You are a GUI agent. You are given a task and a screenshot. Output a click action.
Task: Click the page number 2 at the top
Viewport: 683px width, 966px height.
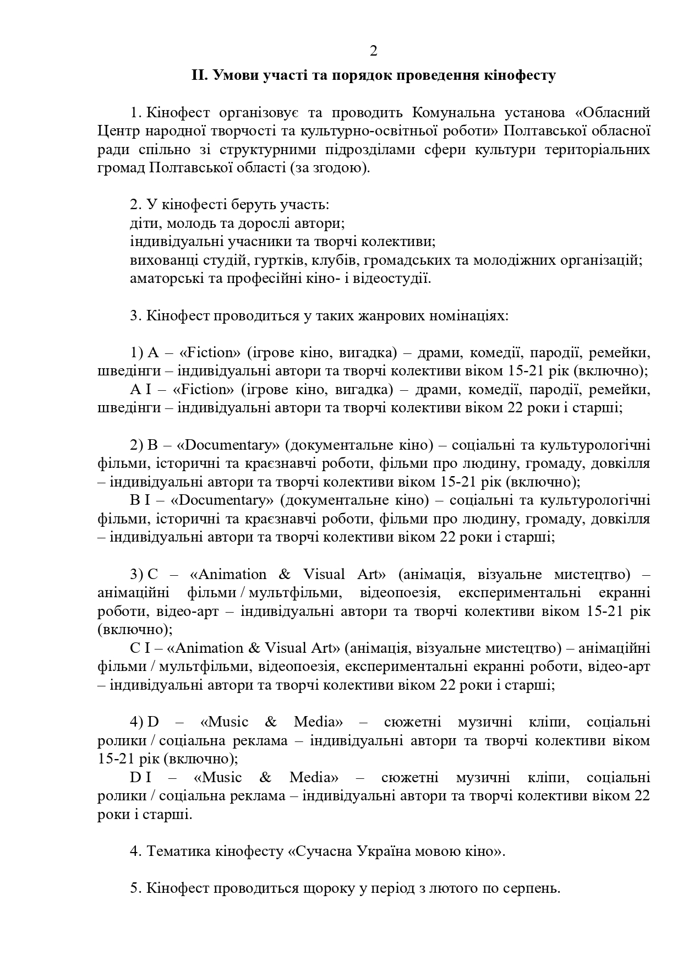point(373,51)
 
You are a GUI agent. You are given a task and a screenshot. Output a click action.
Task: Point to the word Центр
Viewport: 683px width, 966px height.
point(118,131)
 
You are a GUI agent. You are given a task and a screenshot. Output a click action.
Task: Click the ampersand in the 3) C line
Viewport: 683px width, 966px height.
point(285,575)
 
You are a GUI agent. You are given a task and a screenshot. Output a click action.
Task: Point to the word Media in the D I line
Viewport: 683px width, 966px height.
point(314,778)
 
